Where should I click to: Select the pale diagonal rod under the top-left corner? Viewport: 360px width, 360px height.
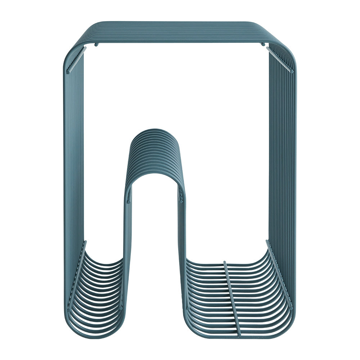[x=76, y=60]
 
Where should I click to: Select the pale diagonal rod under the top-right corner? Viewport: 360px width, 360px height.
[x=280, y=60]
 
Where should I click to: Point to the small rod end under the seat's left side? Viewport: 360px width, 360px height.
[x=96, y=45]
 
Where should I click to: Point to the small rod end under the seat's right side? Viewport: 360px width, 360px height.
[x=263, y=44]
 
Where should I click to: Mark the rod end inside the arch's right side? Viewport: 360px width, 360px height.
[x=181, y=197]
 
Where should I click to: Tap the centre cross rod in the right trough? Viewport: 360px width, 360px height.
[x=231, y=299]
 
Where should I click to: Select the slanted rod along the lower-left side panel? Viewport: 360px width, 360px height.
[x=77, y=274]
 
